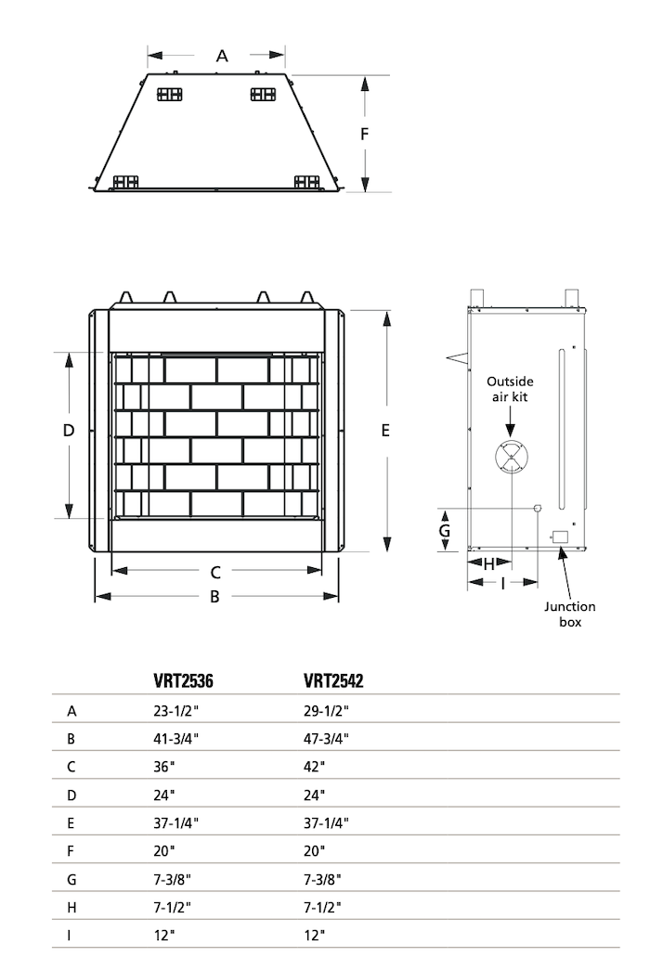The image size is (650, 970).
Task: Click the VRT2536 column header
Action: pyautogui.click(x=183, y=681)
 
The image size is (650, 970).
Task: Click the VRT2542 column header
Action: pyautogui.click(x=333, y=681)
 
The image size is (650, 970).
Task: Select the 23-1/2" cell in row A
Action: pyautogui.click(x=176, y=711)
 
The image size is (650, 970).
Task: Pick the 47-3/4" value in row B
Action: pyautogui.click(x=326, y=739)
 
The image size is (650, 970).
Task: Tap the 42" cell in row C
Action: pyautogui.click(x=315, y=767)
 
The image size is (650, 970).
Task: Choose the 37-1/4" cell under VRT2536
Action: pyautogui.click(x=176, y=823)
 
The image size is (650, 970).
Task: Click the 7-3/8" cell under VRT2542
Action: pyautogui.click(x=322, y=879)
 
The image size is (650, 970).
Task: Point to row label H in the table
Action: pyautogui.click(x=71, y=908)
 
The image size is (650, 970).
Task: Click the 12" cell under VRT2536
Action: pyautogui.click(x=164, y=936)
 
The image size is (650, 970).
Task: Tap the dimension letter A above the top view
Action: pyautogui.click(x=222, y=57)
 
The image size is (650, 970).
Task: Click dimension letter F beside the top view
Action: pyautogui.click(x=365, y=134)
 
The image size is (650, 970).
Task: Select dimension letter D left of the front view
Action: pyautogui.click(x=69, y=430)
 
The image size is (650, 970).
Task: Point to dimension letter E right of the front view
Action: pyautogui.click(x=385, y=430)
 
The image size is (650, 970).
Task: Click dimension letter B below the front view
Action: pyautogui.click(x=214, y=596)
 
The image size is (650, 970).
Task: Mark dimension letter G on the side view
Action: pyautogui.click(x=445, y=531)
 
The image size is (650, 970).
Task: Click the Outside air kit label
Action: pyautogui.click(x=510, y=389)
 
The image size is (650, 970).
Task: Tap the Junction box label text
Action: pyautogui.click(x=570, y=614)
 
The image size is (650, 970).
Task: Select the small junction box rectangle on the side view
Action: pyautogui.click(x=560, y=537)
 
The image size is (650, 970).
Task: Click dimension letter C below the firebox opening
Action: pyautogui.click(x=215, y=572)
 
